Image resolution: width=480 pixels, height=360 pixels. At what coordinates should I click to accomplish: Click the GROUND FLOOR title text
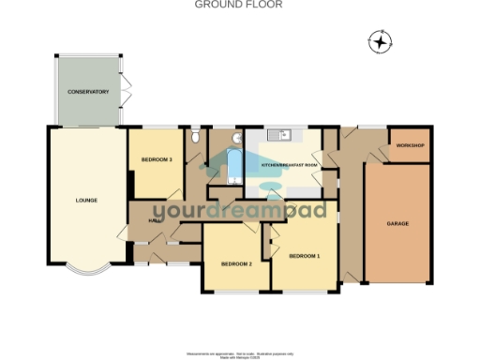pos(238,5)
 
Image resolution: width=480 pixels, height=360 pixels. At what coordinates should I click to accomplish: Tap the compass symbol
pos(380,42)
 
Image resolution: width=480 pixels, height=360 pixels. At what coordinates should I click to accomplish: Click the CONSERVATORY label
pos(88,92)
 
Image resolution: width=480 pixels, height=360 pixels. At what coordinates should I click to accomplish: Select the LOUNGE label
pos(87,200)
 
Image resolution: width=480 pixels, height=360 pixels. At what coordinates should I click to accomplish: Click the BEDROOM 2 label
pos(236,264)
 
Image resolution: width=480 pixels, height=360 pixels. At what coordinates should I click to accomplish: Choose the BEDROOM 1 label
pos(304,256)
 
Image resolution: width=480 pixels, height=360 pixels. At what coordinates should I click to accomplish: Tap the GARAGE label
pos(397,224)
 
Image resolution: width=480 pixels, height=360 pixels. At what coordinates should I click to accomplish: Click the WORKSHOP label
pos(411,146)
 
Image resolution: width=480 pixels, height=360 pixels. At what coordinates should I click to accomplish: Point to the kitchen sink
pos(278,136)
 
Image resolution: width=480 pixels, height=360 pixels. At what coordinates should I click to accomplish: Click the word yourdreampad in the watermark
pos(240,212)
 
